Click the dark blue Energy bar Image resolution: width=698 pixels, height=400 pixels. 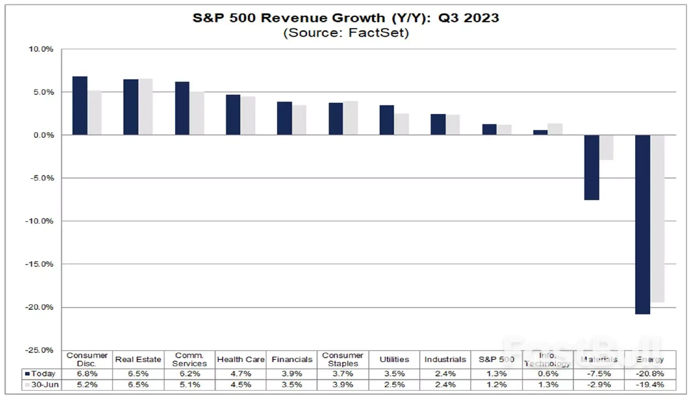click(642, 224)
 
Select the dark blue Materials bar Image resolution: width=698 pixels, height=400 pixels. click(591, 167)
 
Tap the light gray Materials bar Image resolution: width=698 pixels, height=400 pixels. click(607, 147)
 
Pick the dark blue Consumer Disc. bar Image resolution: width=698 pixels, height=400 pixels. click(80, 106)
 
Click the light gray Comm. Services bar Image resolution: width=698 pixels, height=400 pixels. click(197, 113)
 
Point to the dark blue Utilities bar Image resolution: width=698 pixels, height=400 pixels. click(387, 120)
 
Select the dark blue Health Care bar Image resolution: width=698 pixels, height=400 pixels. click(233, 115)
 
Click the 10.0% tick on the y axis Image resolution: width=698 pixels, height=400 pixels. click(41, 49)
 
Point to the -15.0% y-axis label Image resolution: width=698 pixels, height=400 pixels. click(39, 264)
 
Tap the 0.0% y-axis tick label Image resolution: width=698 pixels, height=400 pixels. click(43, 135)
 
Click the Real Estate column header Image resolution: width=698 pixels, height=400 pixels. click(138, 359)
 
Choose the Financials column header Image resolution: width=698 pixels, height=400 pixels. click(292, 359)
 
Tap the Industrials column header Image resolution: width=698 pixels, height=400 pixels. click(445, 359)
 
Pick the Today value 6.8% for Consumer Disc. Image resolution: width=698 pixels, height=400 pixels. click(87, 374)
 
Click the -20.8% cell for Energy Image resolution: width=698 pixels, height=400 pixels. click(650, 374)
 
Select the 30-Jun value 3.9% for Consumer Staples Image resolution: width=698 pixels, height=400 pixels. click(343, 385)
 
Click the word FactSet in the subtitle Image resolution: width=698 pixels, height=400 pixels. click(378, 33)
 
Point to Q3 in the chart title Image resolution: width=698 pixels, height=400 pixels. click(448, 18)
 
